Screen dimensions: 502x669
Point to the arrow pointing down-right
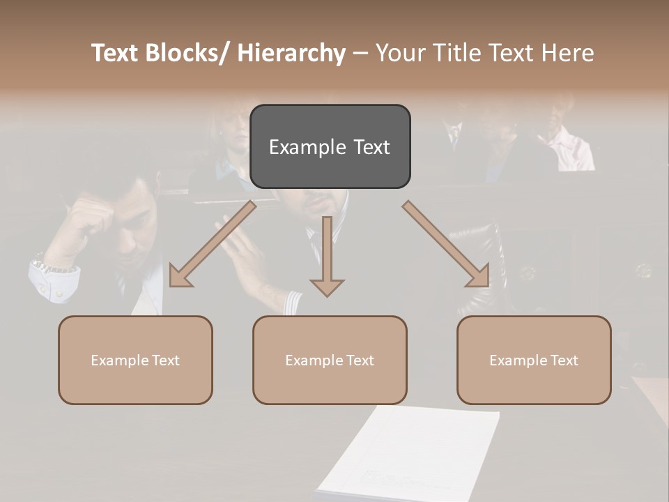(447, 245)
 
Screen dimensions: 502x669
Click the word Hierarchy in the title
(291, 53)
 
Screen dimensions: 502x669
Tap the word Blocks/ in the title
(185, 53)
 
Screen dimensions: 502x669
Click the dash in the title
(360, 53)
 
